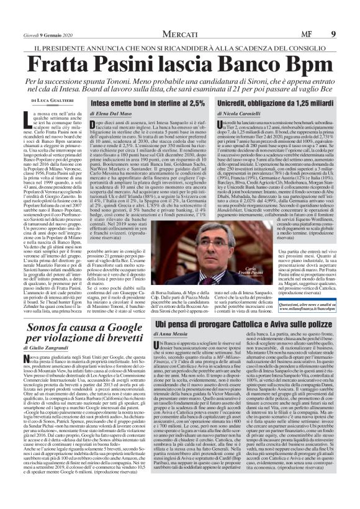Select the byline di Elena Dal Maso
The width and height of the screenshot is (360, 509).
(x=115, y=115)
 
